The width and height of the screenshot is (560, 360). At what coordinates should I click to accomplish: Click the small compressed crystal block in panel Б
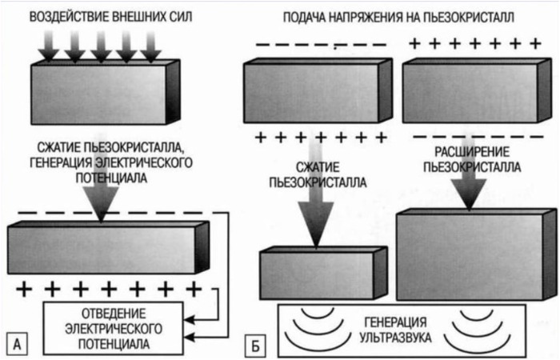(324, 274)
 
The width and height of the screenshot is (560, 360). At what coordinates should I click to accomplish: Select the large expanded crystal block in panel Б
(472, 254)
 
